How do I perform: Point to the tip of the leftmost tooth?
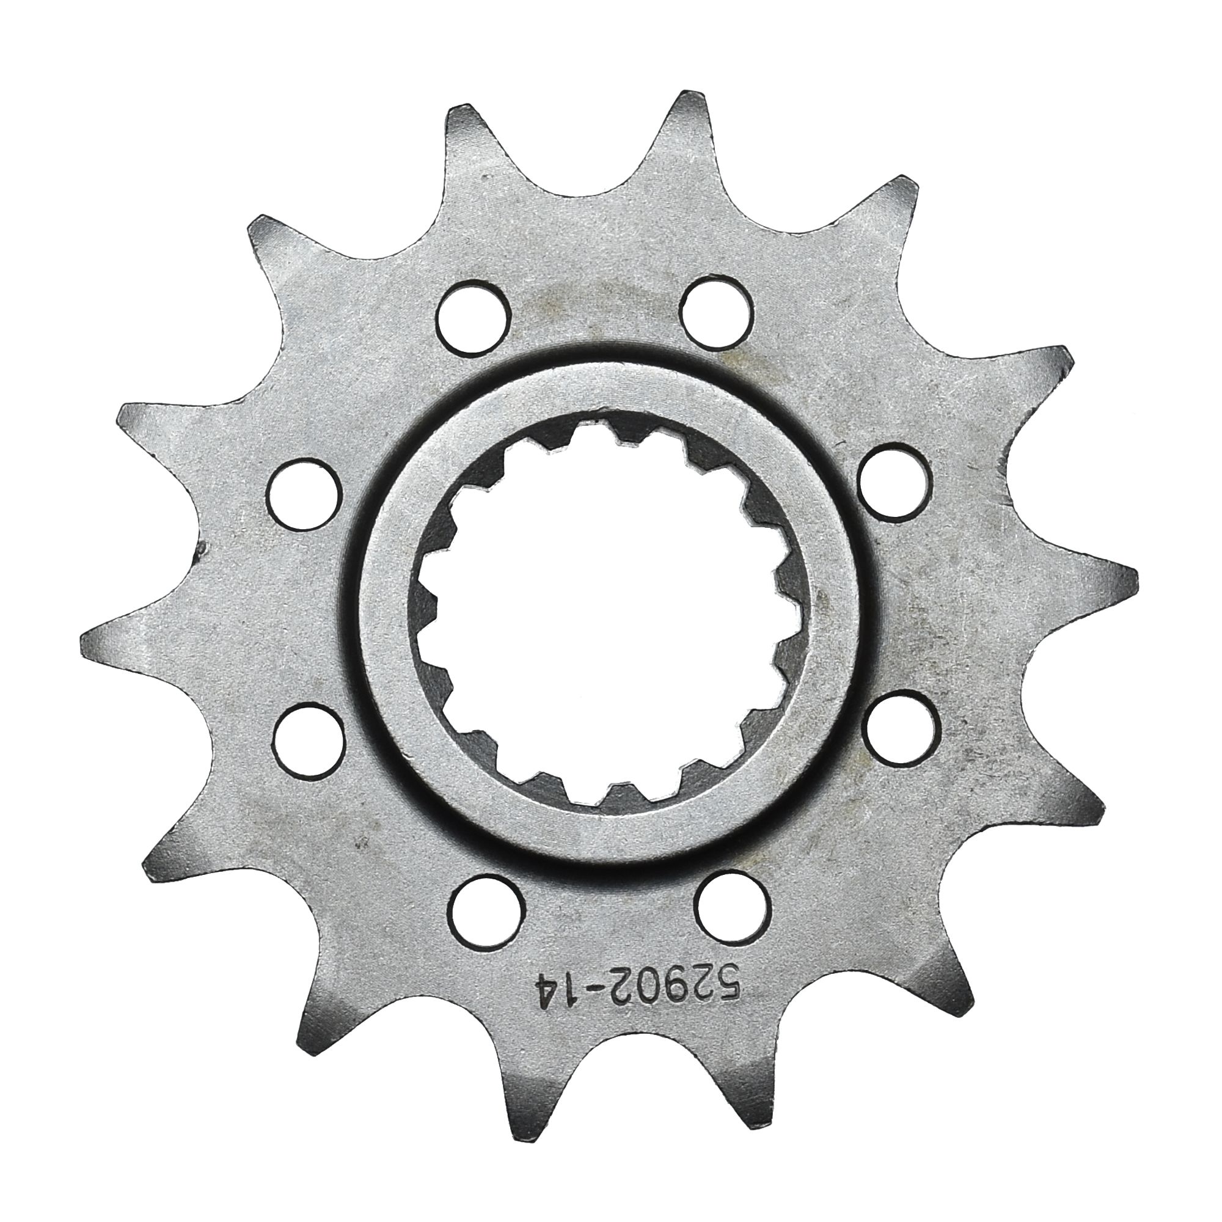86,635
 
